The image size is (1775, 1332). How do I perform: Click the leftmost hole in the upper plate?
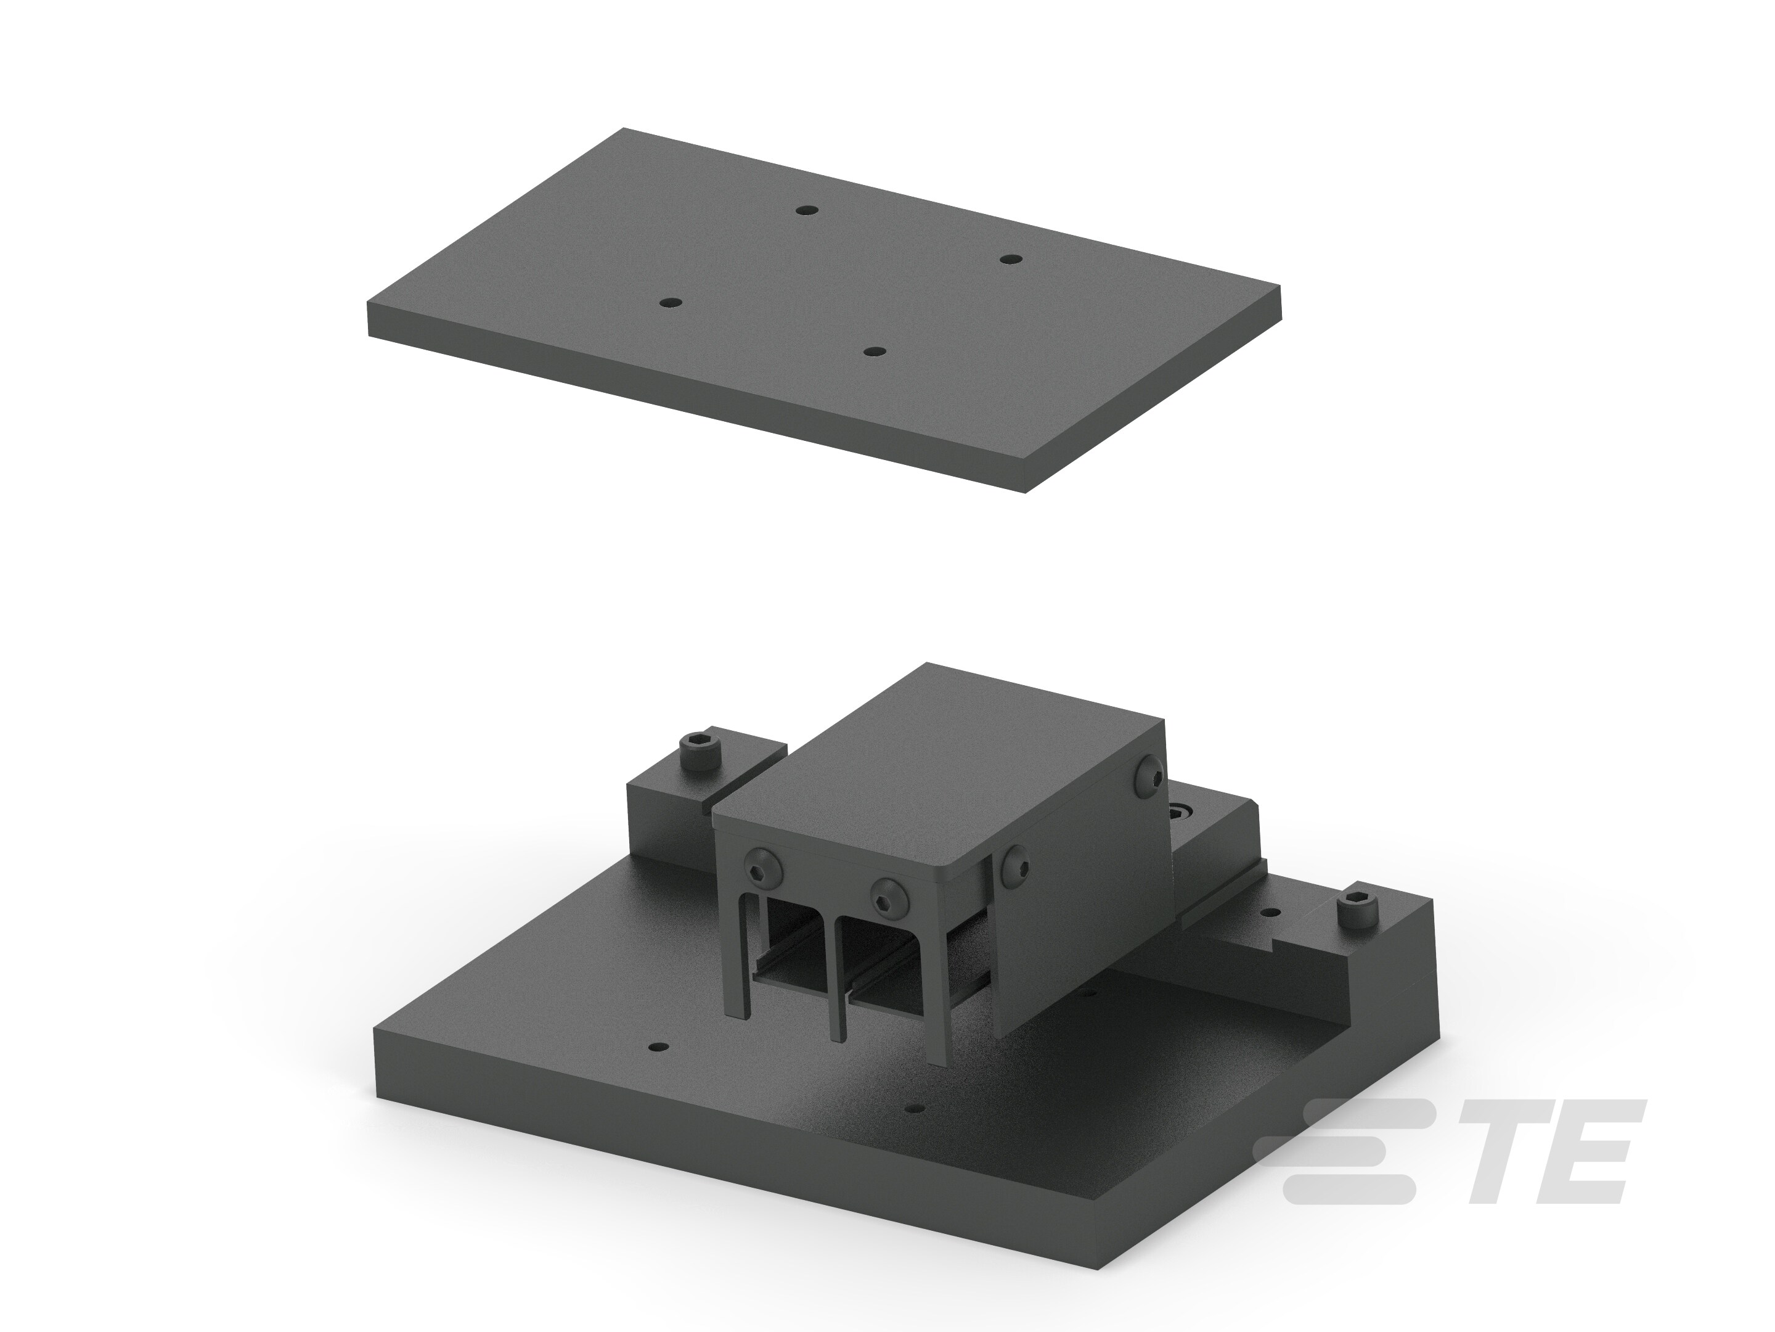tap(669, 303)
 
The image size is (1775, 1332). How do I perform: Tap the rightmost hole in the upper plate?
tap(1010, 260)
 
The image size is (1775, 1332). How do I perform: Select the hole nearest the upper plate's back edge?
tap(806, 210)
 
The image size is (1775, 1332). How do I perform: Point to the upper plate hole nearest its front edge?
tap(874, 351)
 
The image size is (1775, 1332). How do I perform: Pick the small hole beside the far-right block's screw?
tap(1270, 913)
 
